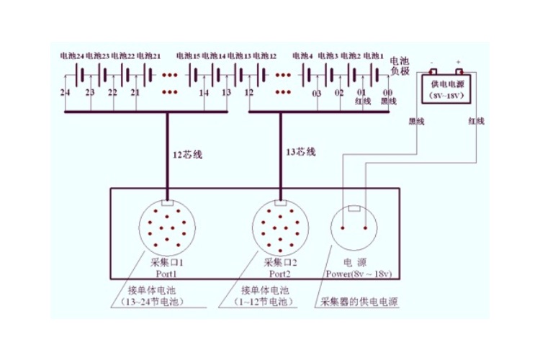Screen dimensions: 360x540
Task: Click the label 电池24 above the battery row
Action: point(72,55)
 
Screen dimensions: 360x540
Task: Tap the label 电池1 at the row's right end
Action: point(373,55)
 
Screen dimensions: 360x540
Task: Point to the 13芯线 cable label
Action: point(301,152)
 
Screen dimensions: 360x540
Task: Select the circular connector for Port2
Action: point(280,230)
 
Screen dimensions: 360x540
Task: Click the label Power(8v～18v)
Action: point(358,274)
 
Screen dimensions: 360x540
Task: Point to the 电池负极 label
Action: point(400,66)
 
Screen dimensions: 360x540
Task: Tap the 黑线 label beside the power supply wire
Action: point(416,121)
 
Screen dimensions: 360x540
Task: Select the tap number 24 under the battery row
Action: point(65,94)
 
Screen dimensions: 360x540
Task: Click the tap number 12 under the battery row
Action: point(248,94)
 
